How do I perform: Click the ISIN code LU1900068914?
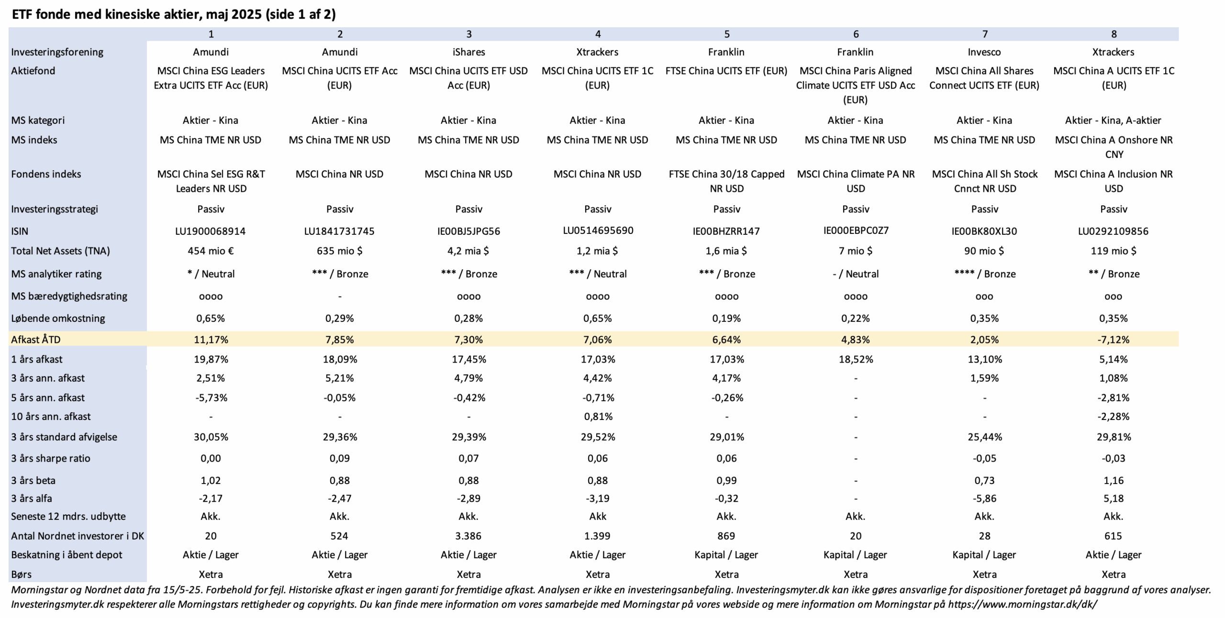coord(211,231)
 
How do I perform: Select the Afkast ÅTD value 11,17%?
coord(211,340)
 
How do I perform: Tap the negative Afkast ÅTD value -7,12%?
coord(1114,340)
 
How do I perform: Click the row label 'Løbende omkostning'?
coord(58,318)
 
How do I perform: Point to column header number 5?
coord(727,34)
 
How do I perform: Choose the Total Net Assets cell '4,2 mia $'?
coord(468,251)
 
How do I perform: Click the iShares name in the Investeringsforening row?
coord(468,52)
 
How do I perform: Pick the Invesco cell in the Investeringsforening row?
coord(984,52)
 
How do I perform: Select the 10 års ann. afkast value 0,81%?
coord(598,416)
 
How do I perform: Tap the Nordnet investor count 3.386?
coord(468,536)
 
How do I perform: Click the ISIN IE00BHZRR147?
coord(726,231)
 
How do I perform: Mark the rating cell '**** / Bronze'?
coord(984,274)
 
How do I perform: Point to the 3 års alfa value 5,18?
coord(1114,498)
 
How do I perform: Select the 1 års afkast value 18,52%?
coord(856,359)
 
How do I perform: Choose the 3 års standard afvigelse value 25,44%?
coord(984,437)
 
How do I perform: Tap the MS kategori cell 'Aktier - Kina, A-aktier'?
coord(1113,120)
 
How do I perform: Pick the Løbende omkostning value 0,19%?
coord(726,318)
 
